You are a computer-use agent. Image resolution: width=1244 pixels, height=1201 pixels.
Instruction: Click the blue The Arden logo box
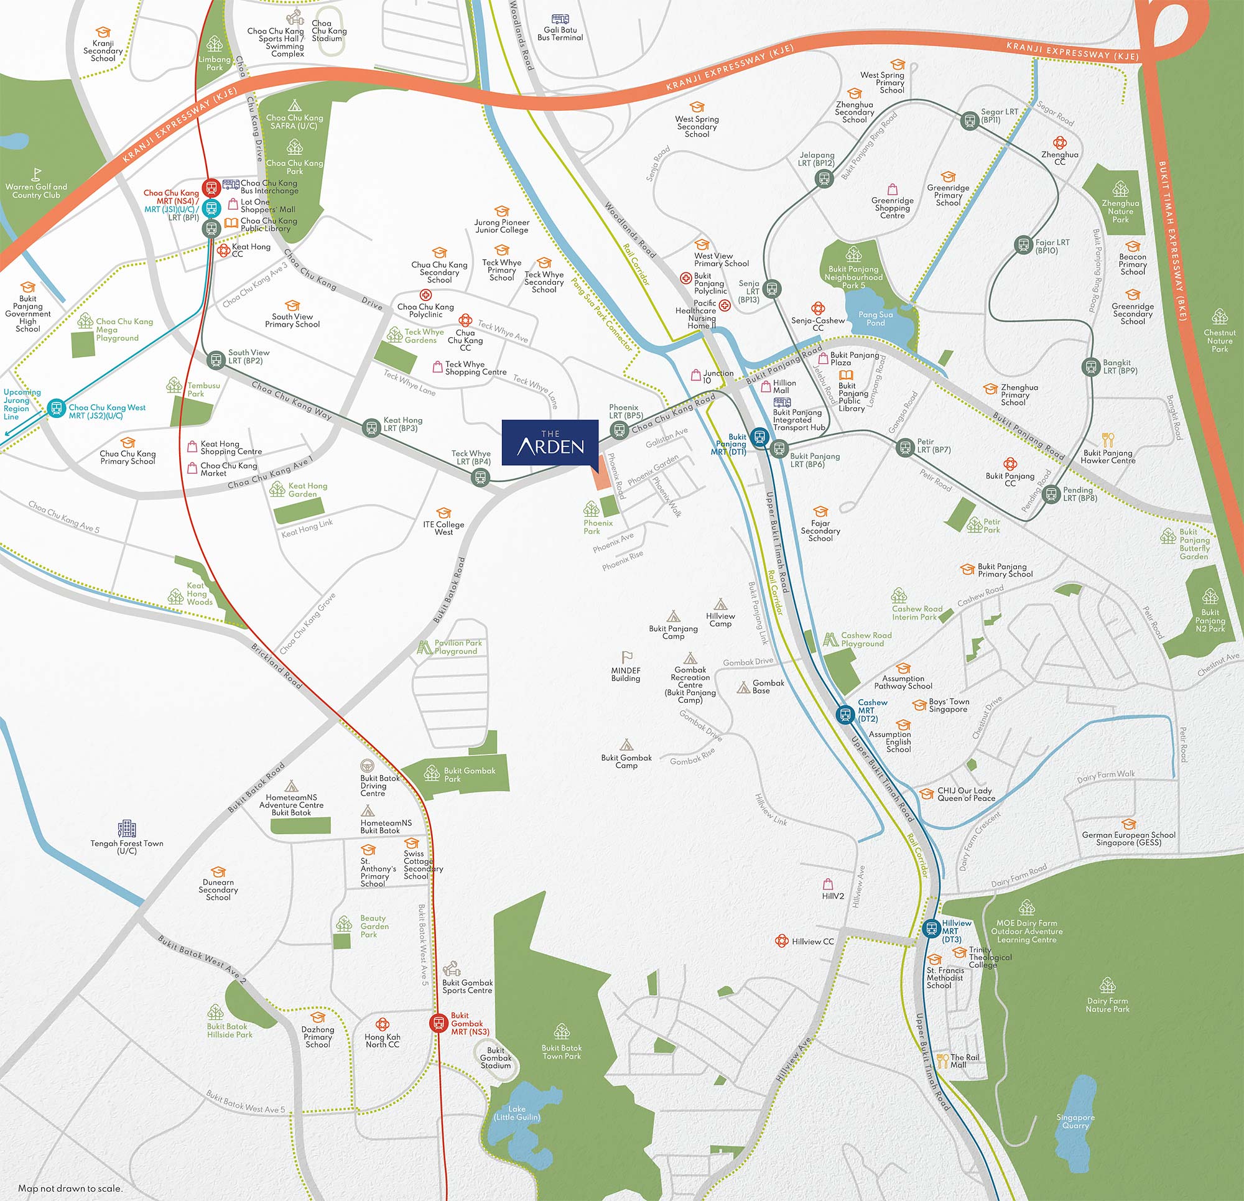pos(550,442)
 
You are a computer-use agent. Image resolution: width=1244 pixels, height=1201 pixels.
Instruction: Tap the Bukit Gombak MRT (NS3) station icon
pos(438,1022)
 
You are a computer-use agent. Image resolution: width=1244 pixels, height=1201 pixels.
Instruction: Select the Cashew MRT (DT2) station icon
pos(845,715)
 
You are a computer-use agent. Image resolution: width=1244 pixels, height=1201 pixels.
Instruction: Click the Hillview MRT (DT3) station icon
pos(931,929)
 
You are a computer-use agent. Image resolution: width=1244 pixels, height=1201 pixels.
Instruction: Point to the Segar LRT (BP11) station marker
pos(970,121)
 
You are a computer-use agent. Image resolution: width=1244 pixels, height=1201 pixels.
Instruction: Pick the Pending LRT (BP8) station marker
pos(1051,493)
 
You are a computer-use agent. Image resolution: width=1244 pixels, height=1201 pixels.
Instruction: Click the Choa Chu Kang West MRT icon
pos(57,408)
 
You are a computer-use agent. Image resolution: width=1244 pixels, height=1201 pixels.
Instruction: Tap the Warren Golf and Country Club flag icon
pos(37,174)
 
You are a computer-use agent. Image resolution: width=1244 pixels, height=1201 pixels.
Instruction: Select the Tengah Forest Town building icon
pos(127,828)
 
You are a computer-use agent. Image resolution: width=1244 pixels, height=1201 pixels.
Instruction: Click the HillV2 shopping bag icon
pos(828,884)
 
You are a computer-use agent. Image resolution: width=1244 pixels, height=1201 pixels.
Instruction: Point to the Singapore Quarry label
pos(1076,1121)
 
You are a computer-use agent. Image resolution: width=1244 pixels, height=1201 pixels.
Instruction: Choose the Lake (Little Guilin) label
pos(517,1113)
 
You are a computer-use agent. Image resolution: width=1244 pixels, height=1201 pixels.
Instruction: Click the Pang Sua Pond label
pos(875,318)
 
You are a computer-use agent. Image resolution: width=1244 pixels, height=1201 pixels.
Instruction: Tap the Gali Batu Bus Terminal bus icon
pos(560,20)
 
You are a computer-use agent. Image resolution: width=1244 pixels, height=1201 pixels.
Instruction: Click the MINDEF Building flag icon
pos(626,657)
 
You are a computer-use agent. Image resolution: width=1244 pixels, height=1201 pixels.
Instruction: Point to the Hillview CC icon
pos(781,941)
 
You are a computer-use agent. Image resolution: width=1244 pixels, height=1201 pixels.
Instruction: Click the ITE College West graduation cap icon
pos(443,512)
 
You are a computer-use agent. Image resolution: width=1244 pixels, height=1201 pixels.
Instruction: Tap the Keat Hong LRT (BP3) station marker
pos(371,427)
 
